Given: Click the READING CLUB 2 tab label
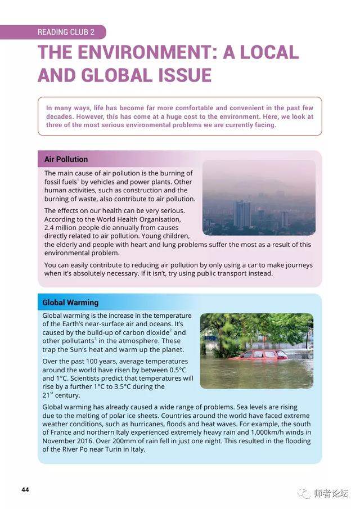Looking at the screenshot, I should pyautogui.click(x=66, y=32).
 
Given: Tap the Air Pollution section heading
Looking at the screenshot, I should pyautogui.click(x=66, y=159).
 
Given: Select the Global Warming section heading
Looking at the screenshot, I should pyautogui.click(x=70, y=303).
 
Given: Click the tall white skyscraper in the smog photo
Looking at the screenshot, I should pyautogui.click(x=242, y=214).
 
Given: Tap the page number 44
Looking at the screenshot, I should pyautogui.click(x=25, y=489).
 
